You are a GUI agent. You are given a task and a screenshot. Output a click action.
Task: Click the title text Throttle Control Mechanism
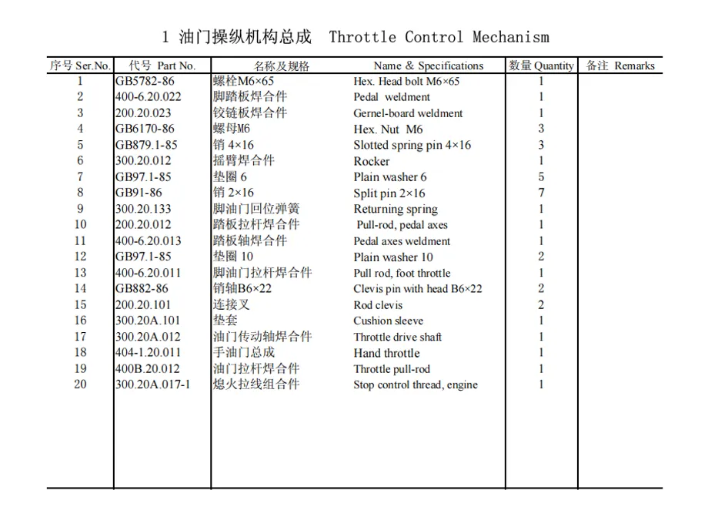point(439,37)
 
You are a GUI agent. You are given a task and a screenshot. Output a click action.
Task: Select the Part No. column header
point(162,65)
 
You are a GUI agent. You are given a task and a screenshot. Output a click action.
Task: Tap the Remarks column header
point(620,65)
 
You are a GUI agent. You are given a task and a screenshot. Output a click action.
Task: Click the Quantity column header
point(541,65)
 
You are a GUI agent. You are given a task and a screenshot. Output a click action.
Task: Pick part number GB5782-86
point(145,81)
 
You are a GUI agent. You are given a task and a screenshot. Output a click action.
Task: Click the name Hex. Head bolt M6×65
point(406,81)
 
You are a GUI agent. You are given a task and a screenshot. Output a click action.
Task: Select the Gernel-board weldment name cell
point(408,113)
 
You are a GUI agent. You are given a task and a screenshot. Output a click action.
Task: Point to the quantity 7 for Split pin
point(541,193)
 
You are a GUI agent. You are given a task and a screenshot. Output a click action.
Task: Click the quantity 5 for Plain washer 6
point(541,177)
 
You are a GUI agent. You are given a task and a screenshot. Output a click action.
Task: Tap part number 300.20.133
point(143,209)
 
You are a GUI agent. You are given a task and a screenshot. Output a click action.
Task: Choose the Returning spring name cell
point(396,209)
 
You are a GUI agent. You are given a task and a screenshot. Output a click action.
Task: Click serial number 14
point(81,289)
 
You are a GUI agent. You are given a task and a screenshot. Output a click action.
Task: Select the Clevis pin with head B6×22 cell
point(418,289)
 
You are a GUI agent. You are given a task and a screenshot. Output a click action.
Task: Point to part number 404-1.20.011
point(148,353)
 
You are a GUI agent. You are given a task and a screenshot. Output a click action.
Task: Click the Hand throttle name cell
point(386,353)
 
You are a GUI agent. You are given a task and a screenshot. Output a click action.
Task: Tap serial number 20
point(81,385)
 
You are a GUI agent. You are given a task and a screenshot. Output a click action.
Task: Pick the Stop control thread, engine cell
point(416,385)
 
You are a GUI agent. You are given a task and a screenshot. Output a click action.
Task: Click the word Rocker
point(372,161)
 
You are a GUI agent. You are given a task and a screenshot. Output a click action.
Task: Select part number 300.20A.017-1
point(152,385)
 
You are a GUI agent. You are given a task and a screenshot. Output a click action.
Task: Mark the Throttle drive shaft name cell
point(398,337)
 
